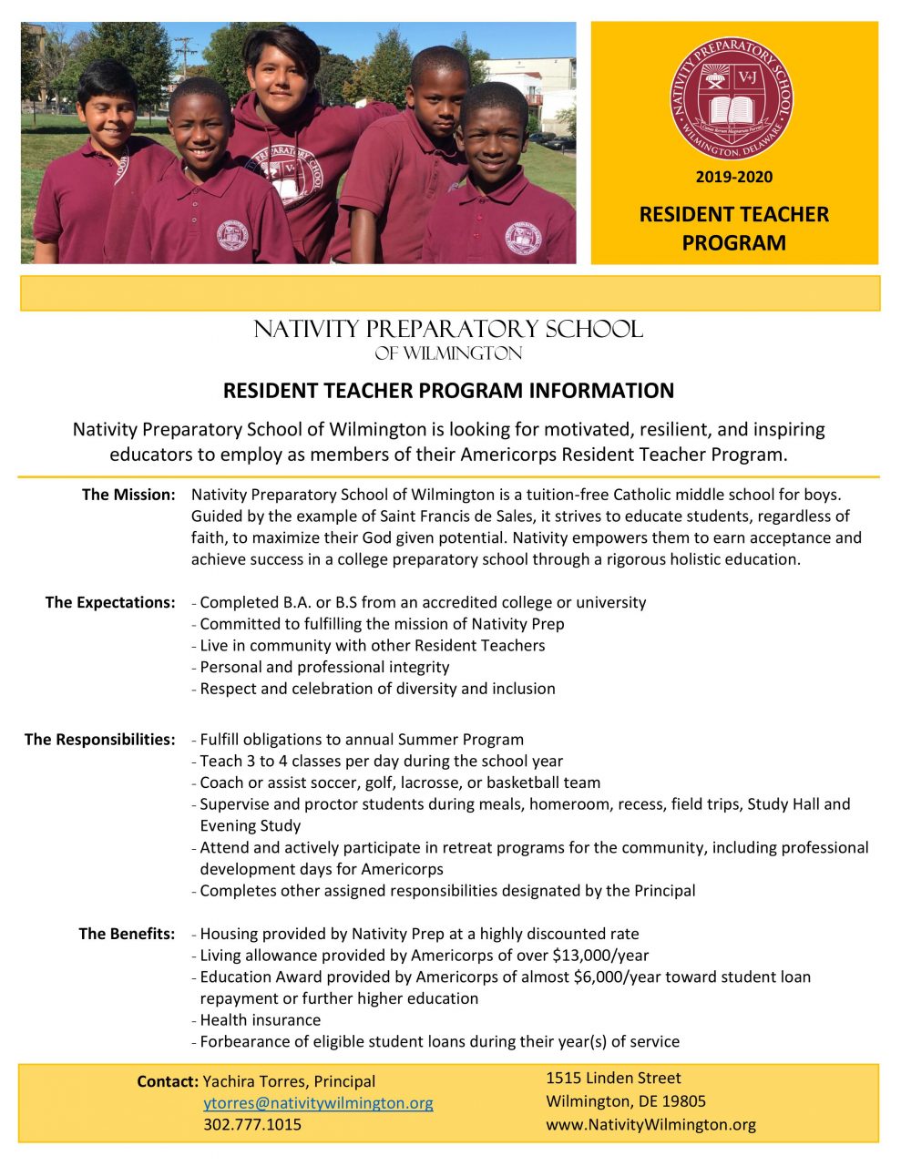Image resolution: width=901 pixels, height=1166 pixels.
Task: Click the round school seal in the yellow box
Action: click(732, 98)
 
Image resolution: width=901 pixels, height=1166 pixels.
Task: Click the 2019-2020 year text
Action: click(733, 177)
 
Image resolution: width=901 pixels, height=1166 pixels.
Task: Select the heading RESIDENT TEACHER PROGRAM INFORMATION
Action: click(448, 391)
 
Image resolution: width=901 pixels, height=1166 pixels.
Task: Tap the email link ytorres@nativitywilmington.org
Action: click(318, 1103)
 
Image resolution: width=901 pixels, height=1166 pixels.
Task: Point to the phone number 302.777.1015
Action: click(252, 1124)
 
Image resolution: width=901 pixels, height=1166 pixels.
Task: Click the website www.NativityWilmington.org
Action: click(650, 1124)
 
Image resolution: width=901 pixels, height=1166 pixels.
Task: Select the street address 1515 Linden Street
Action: click(613, 1078)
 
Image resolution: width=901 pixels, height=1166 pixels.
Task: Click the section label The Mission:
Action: click(128, 495)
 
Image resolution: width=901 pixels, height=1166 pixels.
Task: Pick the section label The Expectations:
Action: click(110, 602)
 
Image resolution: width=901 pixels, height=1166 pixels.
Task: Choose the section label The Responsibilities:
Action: click(99, 739)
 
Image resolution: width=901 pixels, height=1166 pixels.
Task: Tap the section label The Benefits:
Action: click(127, 934)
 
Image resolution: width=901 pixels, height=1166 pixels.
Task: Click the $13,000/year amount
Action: click(600, 956)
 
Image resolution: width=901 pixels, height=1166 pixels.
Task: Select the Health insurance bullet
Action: click(260, 1020)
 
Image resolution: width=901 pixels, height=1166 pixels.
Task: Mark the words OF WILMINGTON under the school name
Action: click(448, 353)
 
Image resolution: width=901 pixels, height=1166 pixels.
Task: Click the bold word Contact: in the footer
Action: click(168, 1081)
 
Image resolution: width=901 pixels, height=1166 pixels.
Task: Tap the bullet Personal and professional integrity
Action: click(324, 667)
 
